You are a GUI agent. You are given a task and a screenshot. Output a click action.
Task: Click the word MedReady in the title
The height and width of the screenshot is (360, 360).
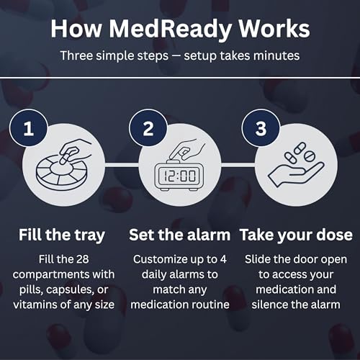(x=170, y=30)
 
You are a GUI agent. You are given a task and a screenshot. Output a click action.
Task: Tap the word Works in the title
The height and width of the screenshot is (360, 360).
(x=274, y=29)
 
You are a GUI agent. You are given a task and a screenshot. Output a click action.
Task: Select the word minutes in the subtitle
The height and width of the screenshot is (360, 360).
(x=276, y=55)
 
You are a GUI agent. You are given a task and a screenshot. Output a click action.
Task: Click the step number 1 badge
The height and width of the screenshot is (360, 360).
(x=29, y=128)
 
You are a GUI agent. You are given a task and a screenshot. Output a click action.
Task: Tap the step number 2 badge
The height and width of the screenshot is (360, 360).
(x=148, y=128)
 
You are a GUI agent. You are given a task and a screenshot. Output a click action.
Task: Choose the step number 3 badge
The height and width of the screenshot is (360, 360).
(x=261, y=128)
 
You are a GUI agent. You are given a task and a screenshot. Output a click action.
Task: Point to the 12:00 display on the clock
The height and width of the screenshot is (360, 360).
(x=180, y=176)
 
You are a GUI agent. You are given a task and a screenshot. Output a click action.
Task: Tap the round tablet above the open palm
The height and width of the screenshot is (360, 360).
(x=309, y=156)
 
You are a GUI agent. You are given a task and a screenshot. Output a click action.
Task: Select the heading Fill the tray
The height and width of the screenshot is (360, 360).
(x=62, y=235)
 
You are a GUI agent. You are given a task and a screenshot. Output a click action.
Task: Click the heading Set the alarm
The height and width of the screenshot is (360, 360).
(x=179, y=235)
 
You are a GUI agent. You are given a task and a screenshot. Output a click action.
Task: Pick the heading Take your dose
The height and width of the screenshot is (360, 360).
(x=296, y=235)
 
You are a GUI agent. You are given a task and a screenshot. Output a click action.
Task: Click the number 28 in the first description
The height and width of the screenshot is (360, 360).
(x=82, y=259)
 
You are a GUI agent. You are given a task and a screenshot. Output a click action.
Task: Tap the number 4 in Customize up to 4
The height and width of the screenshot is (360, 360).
(x=223, y=259)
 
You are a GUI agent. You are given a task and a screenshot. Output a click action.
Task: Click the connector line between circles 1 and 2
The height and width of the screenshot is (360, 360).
(x=122, y=165)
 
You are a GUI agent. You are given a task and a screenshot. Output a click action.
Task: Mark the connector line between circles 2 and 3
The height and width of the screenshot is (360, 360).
(x=238, y=165)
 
